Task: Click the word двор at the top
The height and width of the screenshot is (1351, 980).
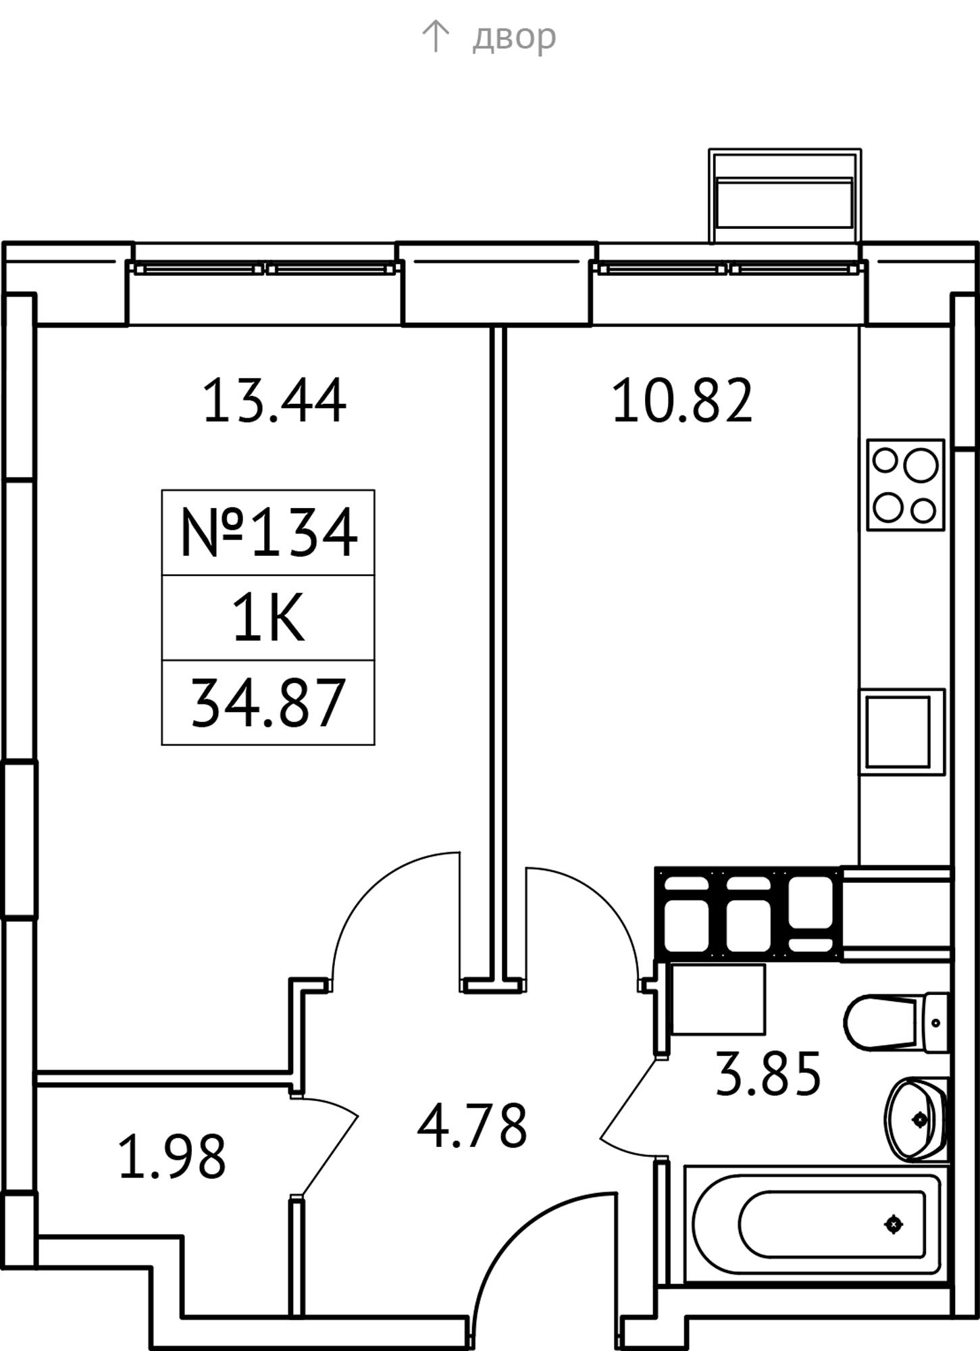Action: tap(514, 37)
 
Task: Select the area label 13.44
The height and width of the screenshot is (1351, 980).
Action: tap(274, 401)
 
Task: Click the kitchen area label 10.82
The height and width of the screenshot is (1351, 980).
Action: tap(682, 401)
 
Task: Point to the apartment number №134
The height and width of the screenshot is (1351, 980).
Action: tap(268, 534)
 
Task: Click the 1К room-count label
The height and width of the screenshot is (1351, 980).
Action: tap(268, 620)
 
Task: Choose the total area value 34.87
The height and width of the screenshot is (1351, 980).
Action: tap(268, 704)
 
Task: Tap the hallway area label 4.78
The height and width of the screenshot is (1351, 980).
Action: tap(471, 1126)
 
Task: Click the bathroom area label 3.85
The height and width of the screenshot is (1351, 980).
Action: tap(768, 1074)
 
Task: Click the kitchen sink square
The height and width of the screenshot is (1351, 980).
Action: tap(902, 732)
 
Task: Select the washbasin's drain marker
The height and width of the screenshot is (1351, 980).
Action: tap(920, 1120)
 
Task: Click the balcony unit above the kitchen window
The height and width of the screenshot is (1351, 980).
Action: tap(785, 195)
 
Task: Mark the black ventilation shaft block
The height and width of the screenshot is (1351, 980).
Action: tap(748, 913)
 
